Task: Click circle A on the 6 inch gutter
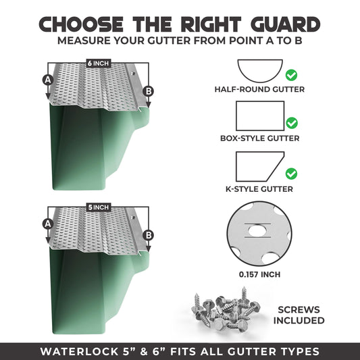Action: coord(47,80)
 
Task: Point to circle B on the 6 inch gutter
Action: coord(149,91)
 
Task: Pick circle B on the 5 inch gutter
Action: coord(149,235)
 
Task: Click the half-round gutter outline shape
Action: coord(259,70)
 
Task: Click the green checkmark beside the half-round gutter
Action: coord(292,75)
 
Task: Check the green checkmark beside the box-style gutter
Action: coord(292,123)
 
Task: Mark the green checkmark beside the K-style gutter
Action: coord(292,172)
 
